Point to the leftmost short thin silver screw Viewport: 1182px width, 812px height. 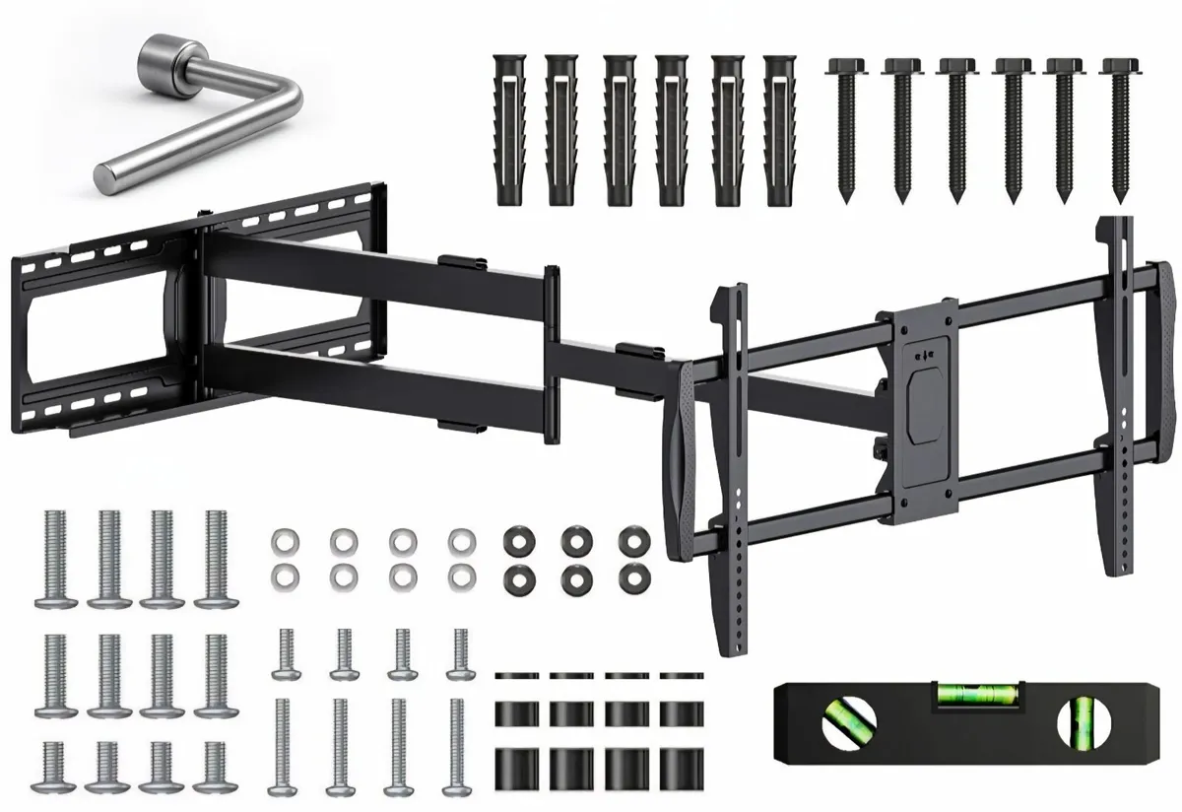click(x=285, y=655)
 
